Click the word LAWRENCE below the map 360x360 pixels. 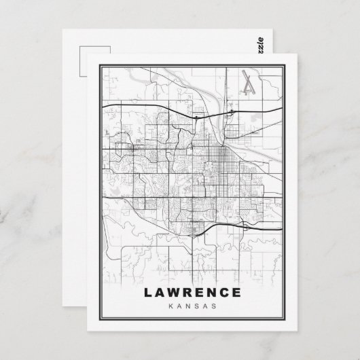[x=192, y=293]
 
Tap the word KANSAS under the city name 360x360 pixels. [x=192, y=306]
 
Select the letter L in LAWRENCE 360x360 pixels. [x=148, y=293]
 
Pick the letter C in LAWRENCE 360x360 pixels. [x=223, y=293]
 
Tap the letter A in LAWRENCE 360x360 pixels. [x=160, y=293]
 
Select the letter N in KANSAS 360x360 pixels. [x=188, y=306]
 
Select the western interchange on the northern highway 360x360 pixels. [x=196, y=117]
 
